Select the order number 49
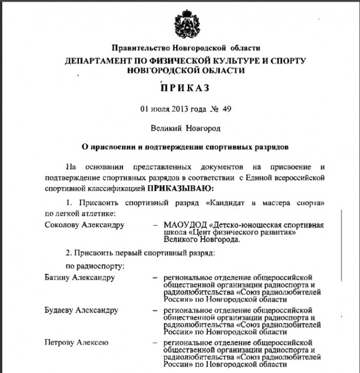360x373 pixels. pyautogui.click(x=228, y=108)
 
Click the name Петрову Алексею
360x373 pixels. pyautogui.click(x=76, y=343)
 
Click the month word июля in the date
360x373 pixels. pyautogui.click(x=159, y=108)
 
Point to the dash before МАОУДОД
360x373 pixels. pyautogui.click(x=155, y=225)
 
